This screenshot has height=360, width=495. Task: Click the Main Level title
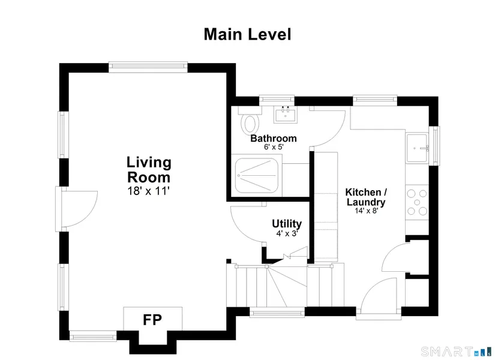tap(247, 34)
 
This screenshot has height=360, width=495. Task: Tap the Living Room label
tap(149, 170)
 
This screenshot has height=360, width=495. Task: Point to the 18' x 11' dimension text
tap(149, 191)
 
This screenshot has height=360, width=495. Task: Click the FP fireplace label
tap(152, 320)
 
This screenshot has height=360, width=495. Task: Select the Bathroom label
tap(274, 139)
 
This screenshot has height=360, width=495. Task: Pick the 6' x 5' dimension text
tap(274, 147)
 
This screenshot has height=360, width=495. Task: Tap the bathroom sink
tap(286, 115)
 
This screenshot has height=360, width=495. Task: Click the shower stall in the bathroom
tap(257, 175)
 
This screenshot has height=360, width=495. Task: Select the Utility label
tap(287, 224)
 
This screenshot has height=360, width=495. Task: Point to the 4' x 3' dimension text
tap(287, 233)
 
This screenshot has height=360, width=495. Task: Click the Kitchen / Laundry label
tap(366, 197)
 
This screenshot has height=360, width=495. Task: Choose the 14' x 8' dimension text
tap(366, 211)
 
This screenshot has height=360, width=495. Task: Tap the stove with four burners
tap(417, 202)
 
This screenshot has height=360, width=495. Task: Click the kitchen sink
tap(417, 148)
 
